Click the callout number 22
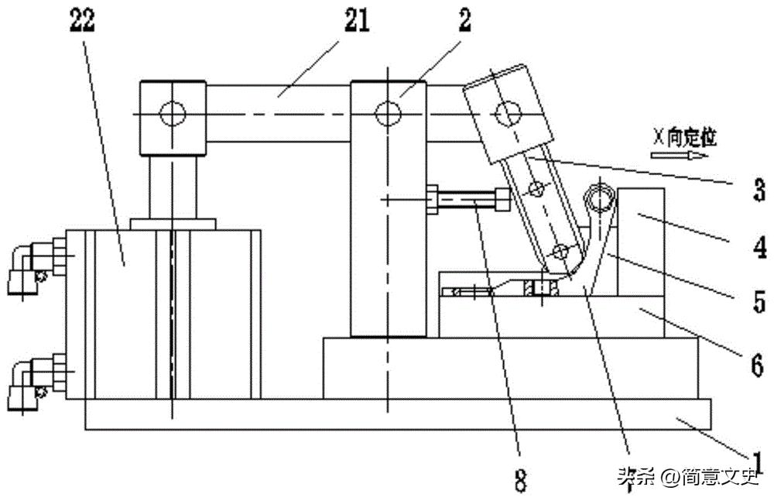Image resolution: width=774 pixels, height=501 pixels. [x=82, y=22]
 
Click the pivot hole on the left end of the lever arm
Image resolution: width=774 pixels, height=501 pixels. [x=172, y=115]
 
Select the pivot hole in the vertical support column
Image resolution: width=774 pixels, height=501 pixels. [x=387, y=115]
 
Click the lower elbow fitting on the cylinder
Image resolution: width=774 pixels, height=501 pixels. [x=29, y=379]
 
